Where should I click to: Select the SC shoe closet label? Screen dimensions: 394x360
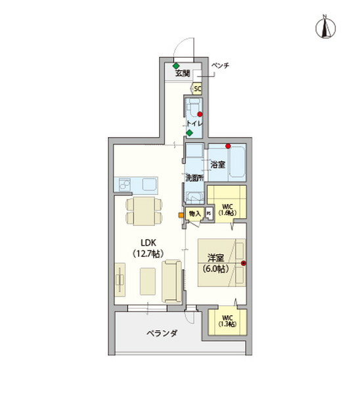(x=197, y=88)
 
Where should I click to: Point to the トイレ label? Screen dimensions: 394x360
(x=194, y=123)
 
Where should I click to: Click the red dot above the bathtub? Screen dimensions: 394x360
(x=227, y=146)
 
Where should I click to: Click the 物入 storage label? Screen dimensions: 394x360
(x=194, y=213)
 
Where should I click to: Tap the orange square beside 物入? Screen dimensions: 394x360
(x=181, y=213)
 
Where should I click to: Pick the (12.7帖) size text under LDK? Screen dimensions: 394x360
(x=148, y=253)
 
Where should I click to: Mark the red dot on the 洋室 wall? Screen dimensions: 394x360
(x=243, y=264)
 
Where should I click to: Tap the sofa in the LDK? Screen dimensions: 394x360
(x=173, y=281)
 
